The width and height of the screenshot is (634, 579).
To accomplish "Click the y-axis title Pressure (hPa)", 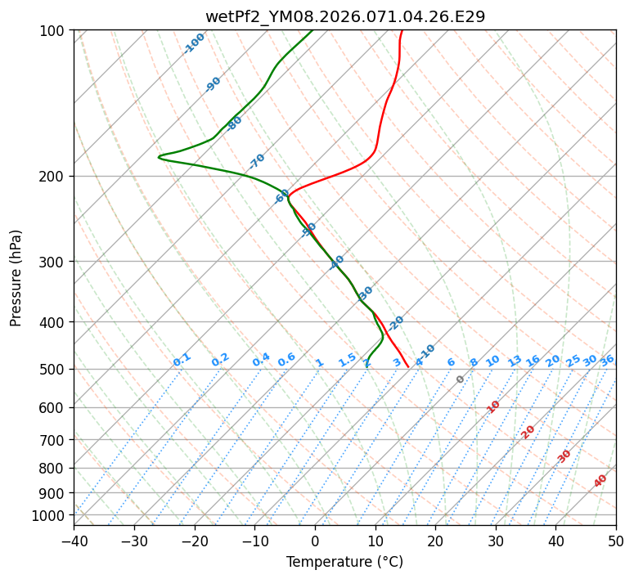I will click(x=16, y=278).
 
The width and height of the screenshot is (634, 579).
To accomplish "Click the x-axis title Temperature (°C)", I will click(x=344, y=562).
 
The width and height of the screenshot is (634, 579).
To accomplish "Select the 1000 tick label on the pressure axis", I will click(x=52, y=515).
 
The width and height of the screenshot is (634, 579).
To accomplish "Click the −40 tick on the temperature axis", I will click(x=74, y=541).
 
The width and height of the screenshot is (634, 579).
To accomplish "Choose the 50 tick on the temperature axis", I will click(x=616, y=541).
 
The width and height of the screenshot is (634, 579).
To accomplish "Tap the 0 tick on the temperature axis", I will click(x=315, y=541).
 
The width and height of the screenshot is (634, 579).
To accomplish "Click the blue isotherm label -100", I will click(x=194, y=43).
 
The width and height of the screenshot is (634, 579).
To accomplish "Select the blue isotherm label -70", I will click(x=257, y=160).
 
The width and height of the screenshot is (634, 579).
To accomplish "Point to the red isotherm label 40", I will click(x=600, y=481).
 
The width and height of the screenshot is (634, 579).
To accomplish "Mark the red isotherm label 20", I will click(x=528, y=431).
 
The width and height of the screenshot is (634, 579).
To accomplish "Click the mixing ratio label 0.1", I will click(x=182, y=360).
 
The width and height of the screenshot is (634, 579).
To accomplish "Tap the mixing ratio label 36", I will click(x=607, y=360).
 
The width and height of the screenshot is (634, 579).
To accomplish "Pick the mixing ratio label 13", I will click(x=515, y=361).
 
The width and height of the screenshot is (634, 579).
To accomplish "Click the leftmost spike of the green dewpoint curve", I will click(x=159, y=157).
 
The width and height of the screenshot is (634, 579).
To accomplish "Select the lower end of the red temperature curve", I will click(x=408, y=367).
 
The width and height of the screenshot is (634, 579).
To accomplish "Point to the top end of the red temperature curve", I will click(x=402, y=31).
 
